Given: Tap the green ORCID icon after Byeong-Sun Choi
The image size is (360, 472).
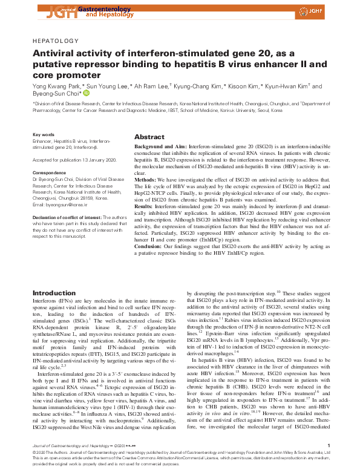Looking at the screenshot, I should click(x=86, y=94).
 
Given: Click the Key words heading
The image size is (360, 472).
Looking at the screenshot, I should click(x=44, y=134).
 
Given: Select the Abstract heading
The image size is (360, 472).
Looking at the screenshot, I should click(x=149, y=137).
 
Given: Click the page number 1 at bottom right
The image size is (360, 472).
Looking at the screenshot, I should click(x=327, y=446).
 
